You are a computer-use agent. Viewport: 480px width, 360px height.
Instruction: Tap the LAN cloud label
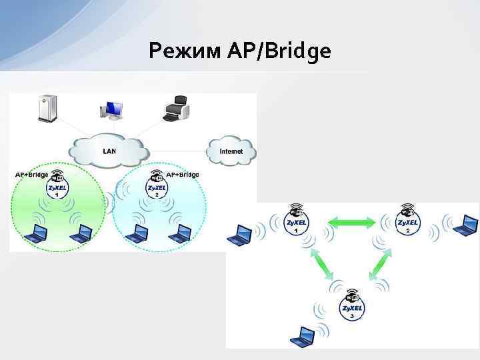click(x=109, y=151)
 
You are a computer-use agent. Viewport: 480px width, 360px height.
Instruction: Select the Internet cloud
click(x=231, y=151)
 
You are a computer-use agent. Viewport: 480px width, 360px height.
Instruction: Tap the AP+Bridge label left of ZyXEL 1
click(x=31, y=175)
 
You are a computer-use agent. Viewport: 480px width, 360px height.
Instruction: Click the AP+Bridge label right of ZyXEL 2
click(x=183, y=175)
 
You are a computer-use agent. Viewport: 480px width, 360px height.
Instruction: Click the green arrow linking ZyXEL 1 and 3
click(x=323, y=265)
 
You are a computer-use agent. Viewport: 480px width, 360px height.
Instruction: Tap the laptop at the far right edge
click(x=465, y=226)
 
